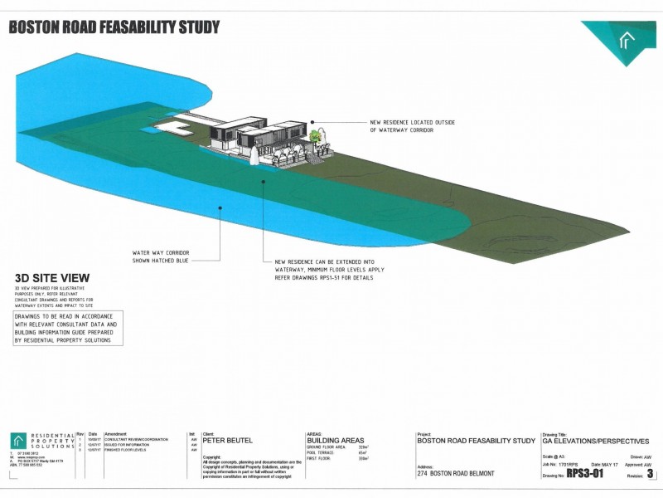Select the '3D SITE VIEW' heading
(x=52, y=278)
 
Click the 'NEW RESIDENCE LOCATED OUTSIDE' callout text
(x=401, y=123)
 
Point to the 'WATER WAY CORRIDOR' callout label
(x=161, y=252)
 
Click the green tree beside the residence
(x=316, y=134)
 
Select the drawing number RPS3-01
(x=585, y=474)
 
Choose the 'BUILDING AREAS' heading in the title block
(x=335, y=441)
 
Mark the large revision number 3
(x=650, y=474)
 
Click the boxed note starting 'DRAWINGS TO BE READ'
(x=68, y=329)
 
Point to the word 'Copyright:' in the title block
(x=212, y=456)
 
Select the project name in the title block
(x=477, y=441)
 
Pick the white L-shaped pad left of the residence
(x=176, y=126)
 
